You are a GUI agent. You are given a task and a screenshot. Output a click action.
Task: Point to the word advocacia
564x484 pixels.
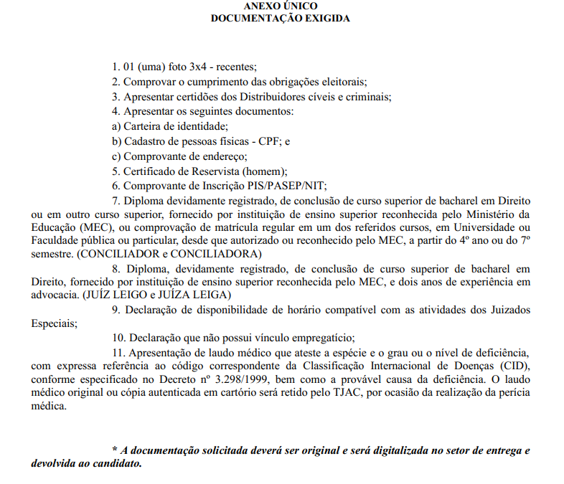point(57,295)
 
